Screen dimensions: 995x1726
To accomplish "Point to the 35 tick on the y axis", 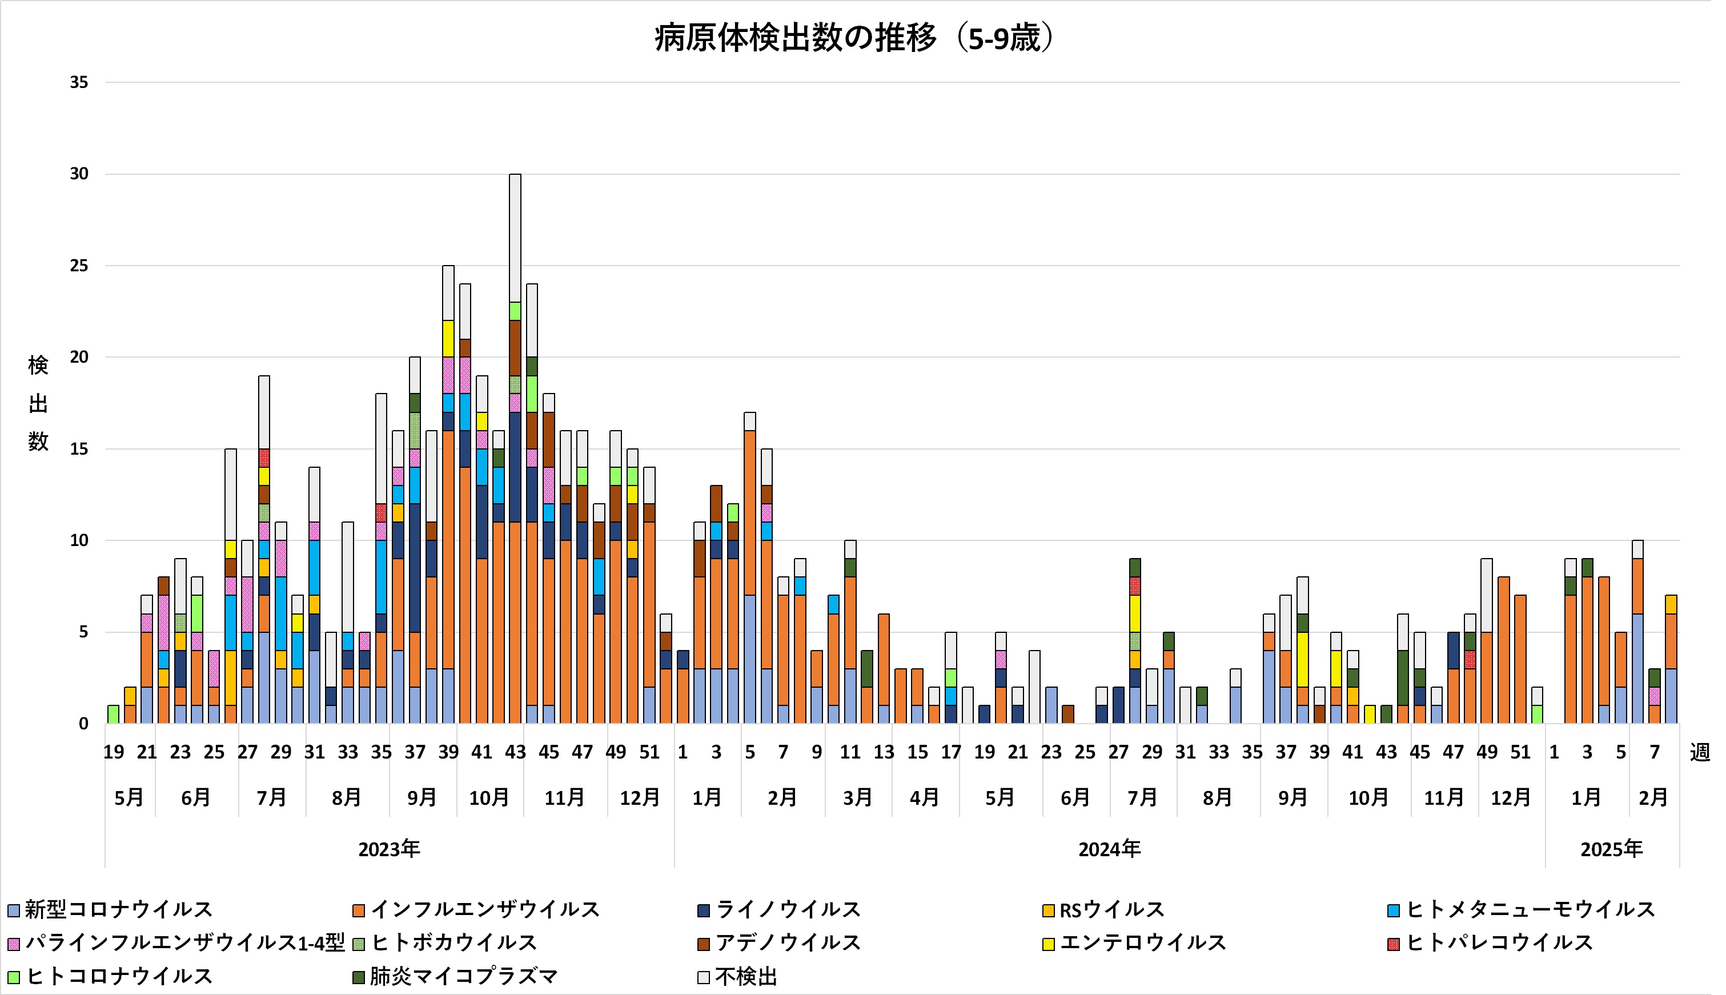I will pos(79,83).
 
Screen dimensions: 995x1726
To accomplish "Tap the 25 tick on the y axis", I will pos(79,266).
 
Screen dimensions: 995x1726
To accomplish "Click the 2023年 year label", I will pos(389,849).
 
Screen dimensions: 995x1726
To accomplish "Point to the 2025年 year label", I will pos(1611,849).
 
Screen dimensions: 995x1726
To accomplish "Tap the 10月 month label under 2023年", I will pos(489,797).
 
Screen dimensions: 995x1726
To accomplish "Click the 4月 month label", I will pos(925,797).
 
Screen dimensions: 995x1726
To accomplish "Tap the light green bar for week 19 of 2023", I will pos(114,714).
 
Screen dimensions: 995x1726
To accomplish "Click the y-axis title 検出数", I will pos(38,403).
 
